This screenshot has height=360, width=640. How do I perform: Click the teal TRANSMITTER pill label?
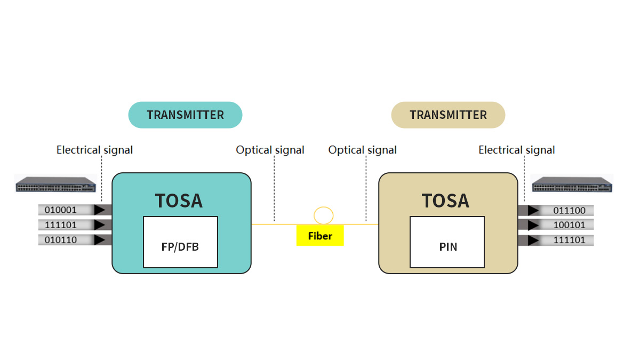click(x=185, y=115)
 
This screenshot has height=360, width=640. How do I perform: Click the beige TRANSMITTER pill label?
click(x=448, y=115)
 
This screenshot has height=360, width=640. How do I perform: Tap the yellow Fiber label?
click(x=320, y=236)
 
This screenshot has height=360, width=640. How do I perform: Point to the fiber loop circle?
click(x=323, y=215)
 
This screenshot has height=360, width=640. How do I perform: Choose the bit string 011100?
click(x=569, y=211)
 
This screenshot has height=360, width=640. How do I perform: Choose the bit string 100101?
click(x=569, y=225)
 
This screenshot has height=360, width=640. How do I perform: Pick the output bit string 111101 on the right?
click(x=569, y=240)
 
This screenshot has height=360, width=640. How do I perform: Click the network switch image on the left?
click(x=55, y=185)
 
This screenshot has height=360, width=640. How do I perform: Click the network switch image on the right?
click(x=572, y=185)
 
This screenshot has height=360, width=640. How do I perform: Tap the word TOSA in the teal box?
click(x=179, y=201)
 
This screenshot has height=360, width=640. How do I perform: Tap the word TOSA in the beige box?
click(x=445, y=201)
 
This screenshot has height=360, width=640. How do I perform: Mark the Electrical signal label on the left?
click(x=94, y=150)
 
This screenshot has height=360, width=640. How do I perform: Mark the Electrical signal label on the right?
click(x=516, y=150)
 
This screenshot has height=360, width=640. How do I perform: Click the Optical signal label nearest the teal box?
click(x=270, y=150)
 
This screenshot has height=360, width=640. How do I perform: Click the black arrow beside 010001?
click(x=100, y=210)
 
